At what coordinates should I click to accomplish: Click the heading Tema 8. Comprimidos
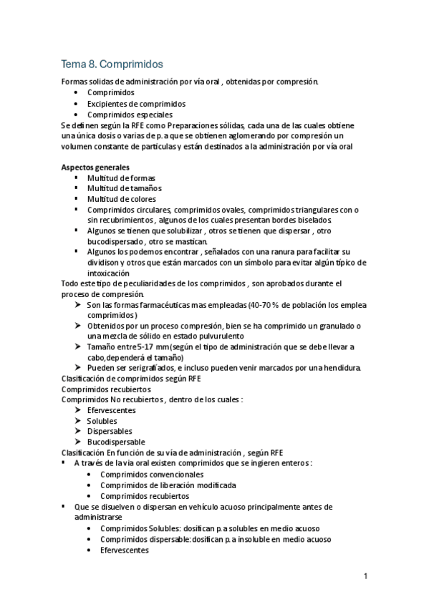(112, 64)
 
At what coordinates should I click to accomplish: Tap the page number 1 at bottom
(365, 576)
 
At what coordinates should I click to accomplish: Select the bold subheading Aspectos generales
(90, 167)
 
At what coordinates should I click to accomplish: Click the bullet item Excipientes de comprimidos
(136, 103)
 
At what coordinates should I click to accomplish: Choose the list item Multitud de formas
(121, 178)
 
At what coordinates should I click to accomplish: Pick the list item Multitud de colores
(122, 198)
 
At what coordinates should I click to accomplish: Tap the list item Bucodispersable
(116, 442)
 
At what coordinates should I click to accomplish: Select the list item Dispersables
(110, 431)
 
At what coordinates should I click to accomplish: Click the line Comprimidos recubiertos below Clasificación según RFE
(106, 389)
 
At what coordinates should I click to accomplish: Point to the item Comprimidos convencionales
(152, 474)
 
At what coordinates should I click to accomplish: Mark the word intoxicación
(108, 273)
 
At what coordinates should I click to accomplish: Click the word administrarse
(97, 516)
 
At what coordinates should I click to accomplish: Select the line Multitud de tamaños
(123, 188)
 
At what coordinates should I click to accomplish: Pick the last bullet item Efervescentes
(125, 550)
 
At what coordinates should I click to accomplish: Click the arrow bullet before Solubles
(78, 421)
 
